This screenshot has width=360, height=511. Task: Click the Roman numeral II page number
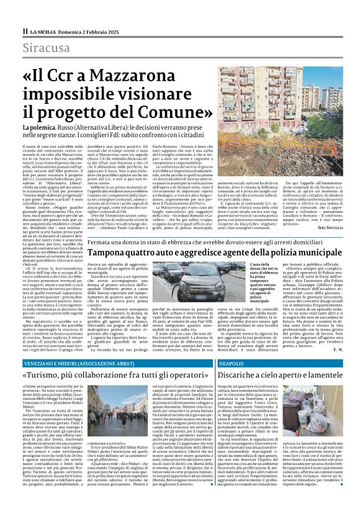25,30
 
